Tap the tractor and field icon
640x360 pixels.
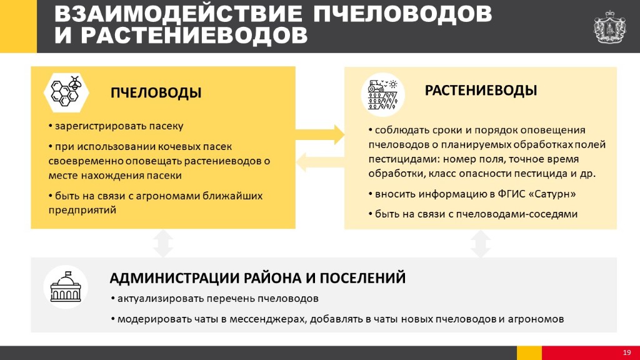[x=382, y=94]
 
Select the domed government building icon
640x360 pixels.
[x=66, y=287]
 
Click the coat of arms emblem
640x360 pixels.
[x=610, y=27]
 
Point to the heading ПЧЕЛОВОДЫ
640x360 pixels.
[x=156, y=92]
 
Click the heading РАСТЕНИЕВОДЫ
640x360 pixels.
[x=481, y=90]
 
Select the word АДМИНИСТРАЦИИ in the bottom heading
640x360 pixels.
[x=174, y=278]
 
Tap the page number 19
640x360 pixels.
[x=626, y=352]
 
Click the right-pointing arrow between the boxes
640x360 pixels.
[x=320, y=135]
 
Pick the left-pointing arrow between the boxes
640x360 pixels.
[x=320, y=162]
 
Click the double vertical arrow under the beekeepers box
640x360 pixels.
[x=163, y=243]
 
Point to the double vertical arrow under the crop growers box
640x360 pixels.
[x=481, y=243]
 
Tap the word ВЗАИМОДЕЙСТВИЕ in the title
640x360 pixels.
[x=178, y=14]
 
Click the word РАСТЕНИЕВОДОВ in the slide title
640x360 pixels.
[x=194, y=35]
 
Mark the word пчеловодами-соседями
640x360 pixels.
[x=517, y=214]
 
